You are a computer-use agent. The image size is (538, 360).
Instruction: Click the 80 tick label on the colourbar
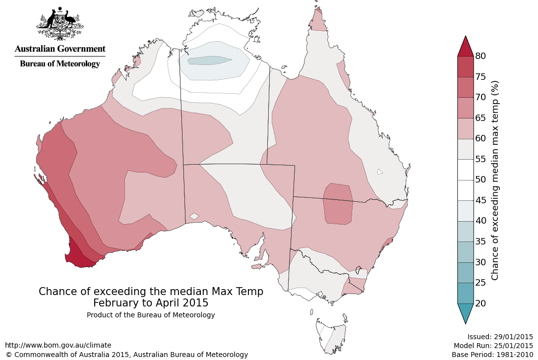[x=480, y=56]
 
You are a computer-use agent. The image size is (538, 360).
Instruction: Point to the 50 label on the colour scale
[x=480, y=180]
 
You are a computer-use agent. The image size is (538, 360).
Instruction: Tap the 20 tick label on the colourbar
[x=480, y=303]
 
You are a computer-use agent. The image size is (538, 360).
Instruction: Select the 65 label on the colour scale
[x=480, y=118]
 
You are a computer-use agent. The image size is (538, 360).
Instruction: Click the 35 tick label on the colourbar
[x=480, y=241]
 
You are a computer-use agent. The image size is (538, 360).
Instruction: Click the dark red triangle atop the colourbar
[x=465, y=48]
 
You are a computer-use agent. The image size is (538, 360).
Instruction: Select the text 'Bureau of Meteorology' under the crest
[x=60, y=63]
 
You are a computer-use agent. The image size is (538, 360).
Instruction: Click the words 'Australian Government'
[x=60, y=49]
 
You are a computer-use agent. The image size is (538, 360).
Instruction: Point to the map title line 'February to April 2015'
[x=151, y=302]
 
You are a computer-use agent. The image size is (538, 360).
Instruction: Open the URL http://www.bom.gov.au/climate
[x=58, y=345]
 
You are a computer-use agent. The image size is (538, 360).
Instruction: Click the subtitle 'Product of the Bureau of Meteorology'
[x=151, y=315]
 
